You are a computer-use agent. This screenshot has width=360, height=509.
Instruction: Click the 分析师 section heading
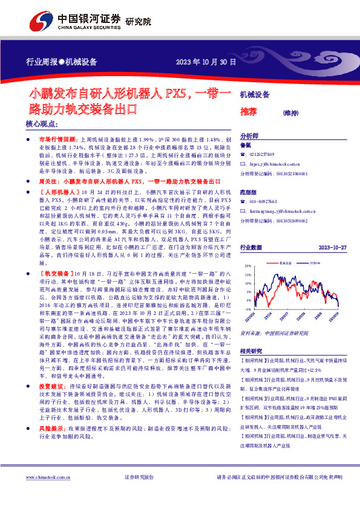tap(250, 136)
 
